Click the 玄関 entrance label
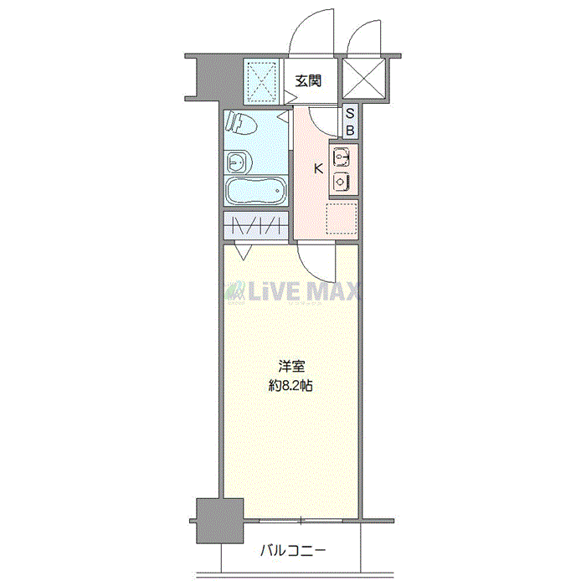click(x=308, y=80)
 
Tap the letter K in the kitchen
click(x=318, y=169)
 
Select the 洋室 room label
click(x=291, y=367)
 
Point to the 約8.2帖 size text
click(x=290, y=385)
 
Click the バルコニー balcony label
click(x=293, y=551)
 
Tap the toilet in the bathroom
click(x=241, y=121)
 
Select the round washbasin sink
click(x=239, y=162)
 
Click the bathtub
click(x=256, y=191)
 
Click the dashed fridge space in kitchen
click(x=342, y=219)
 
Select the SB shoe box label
click(x=350, y=121)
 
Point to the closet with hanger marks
click(x=256, y=225)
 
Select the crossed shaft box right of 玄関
click(x=363, y=78)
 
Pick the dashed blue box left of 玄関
click(x=263, y=81)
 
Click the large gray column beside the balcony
click(x=219, y=521)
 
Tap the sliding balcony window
click(x=301, y=520)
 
